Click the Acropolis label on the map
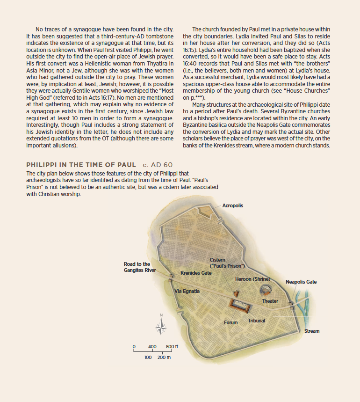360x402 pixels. click(x=232, y=205)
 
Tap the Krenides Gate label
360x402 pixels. click(x=196, y=273)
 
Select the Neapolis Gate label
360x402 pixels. click(x=301, y=282)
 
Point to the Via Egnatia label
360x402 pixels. click(x=187, y=291)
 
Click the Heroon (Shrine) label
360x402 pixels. click(x=252, y=279)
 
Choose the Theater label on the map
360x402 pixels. click(x=270, y=301)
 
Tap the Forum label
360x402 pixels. click(x=230, y=322)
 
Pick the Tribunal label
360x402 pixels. click(x=256, y=321)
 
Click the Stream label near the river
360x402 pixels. click(x=312, y=331)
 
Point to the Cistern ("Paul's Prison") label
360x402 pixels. click(x=227, y=263)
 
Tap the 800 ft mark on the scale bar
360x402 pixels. click(x=172, y=346)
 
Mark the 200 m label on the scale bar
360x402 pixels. click(x=164, y=357)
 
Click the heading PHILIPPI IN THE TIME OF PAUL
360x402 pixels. click(x=81, y=165)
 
